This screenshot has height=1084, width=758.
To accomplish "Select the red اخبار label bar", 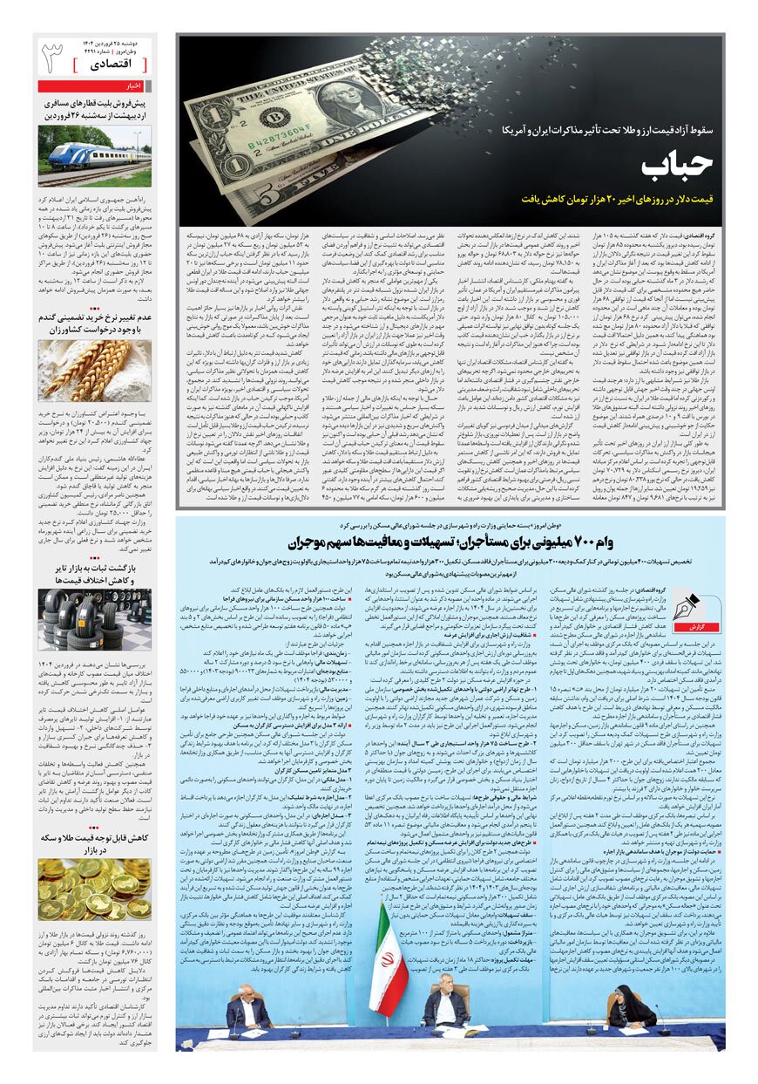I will coord(95,86).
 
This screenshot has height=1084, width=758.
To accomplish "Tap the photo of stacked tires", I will coord(95,619).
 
